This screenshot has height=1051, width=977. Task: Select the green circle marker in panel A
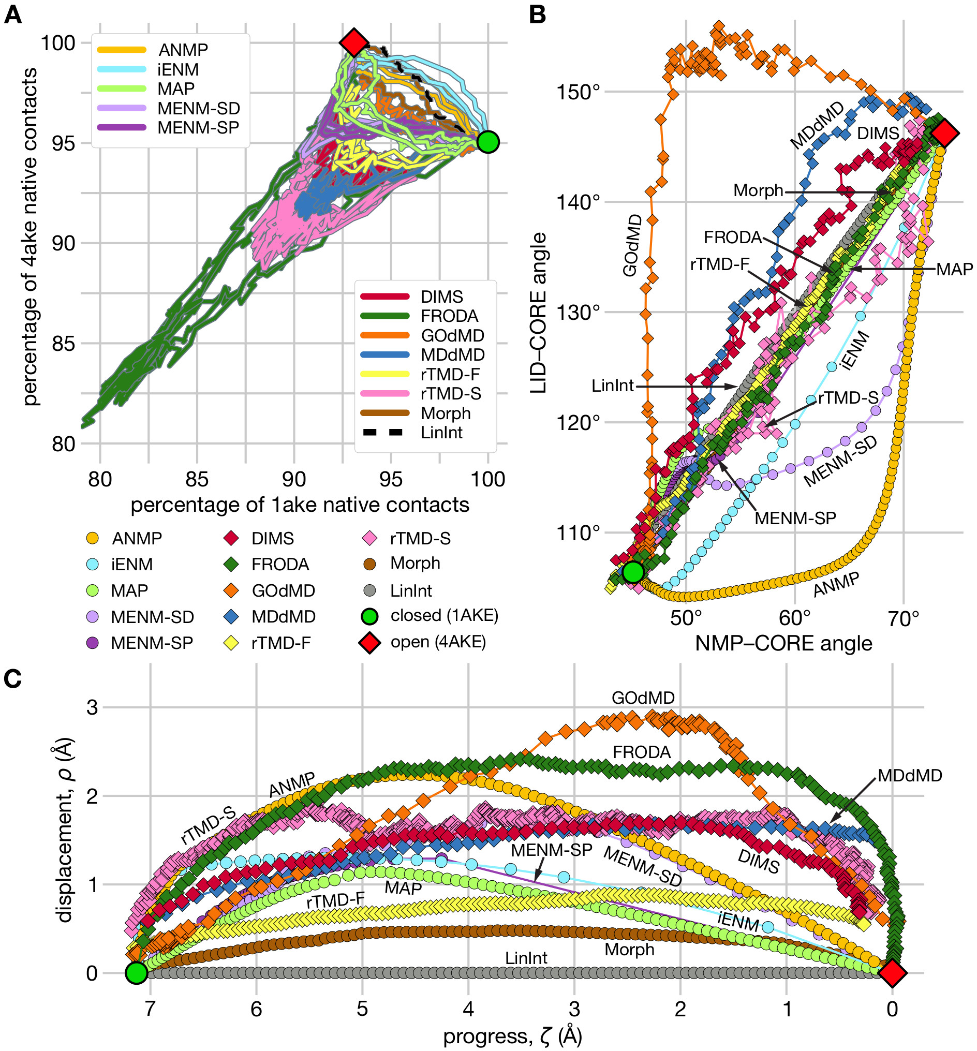pos(487,142)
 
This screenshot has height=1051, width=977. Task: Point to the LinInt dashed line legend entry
pos(441,433)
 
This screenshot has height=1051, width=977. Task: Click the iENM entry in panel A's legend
pos(177,69)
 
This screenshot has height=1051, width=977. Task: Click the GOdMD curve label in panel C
pos(642,699)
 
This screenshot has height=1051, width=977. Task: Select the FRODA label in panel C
pos(641,752)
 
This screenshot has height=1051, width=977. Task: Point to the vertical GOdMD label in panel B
pos(632,245)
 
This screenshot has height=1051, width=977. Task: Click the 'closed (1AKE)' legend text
pos(444,615)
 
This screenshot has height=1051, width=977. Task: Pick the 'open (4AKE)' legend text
pos(438,642)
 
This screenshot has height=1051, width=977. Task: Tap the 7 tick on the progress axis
pos(150,1009)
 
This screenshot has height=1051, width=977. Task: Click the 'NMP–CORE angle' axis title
pos(783,643)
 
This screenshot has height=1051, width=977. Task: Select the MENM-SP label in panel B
pos(795,518)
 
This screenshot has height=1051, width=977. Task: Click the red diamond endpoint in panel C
pos(892,973)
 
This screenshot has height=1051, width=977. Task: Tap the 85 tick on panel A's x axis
pos(197,480)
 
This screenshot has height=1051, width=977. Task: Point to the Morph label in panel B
pos(758,190)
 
